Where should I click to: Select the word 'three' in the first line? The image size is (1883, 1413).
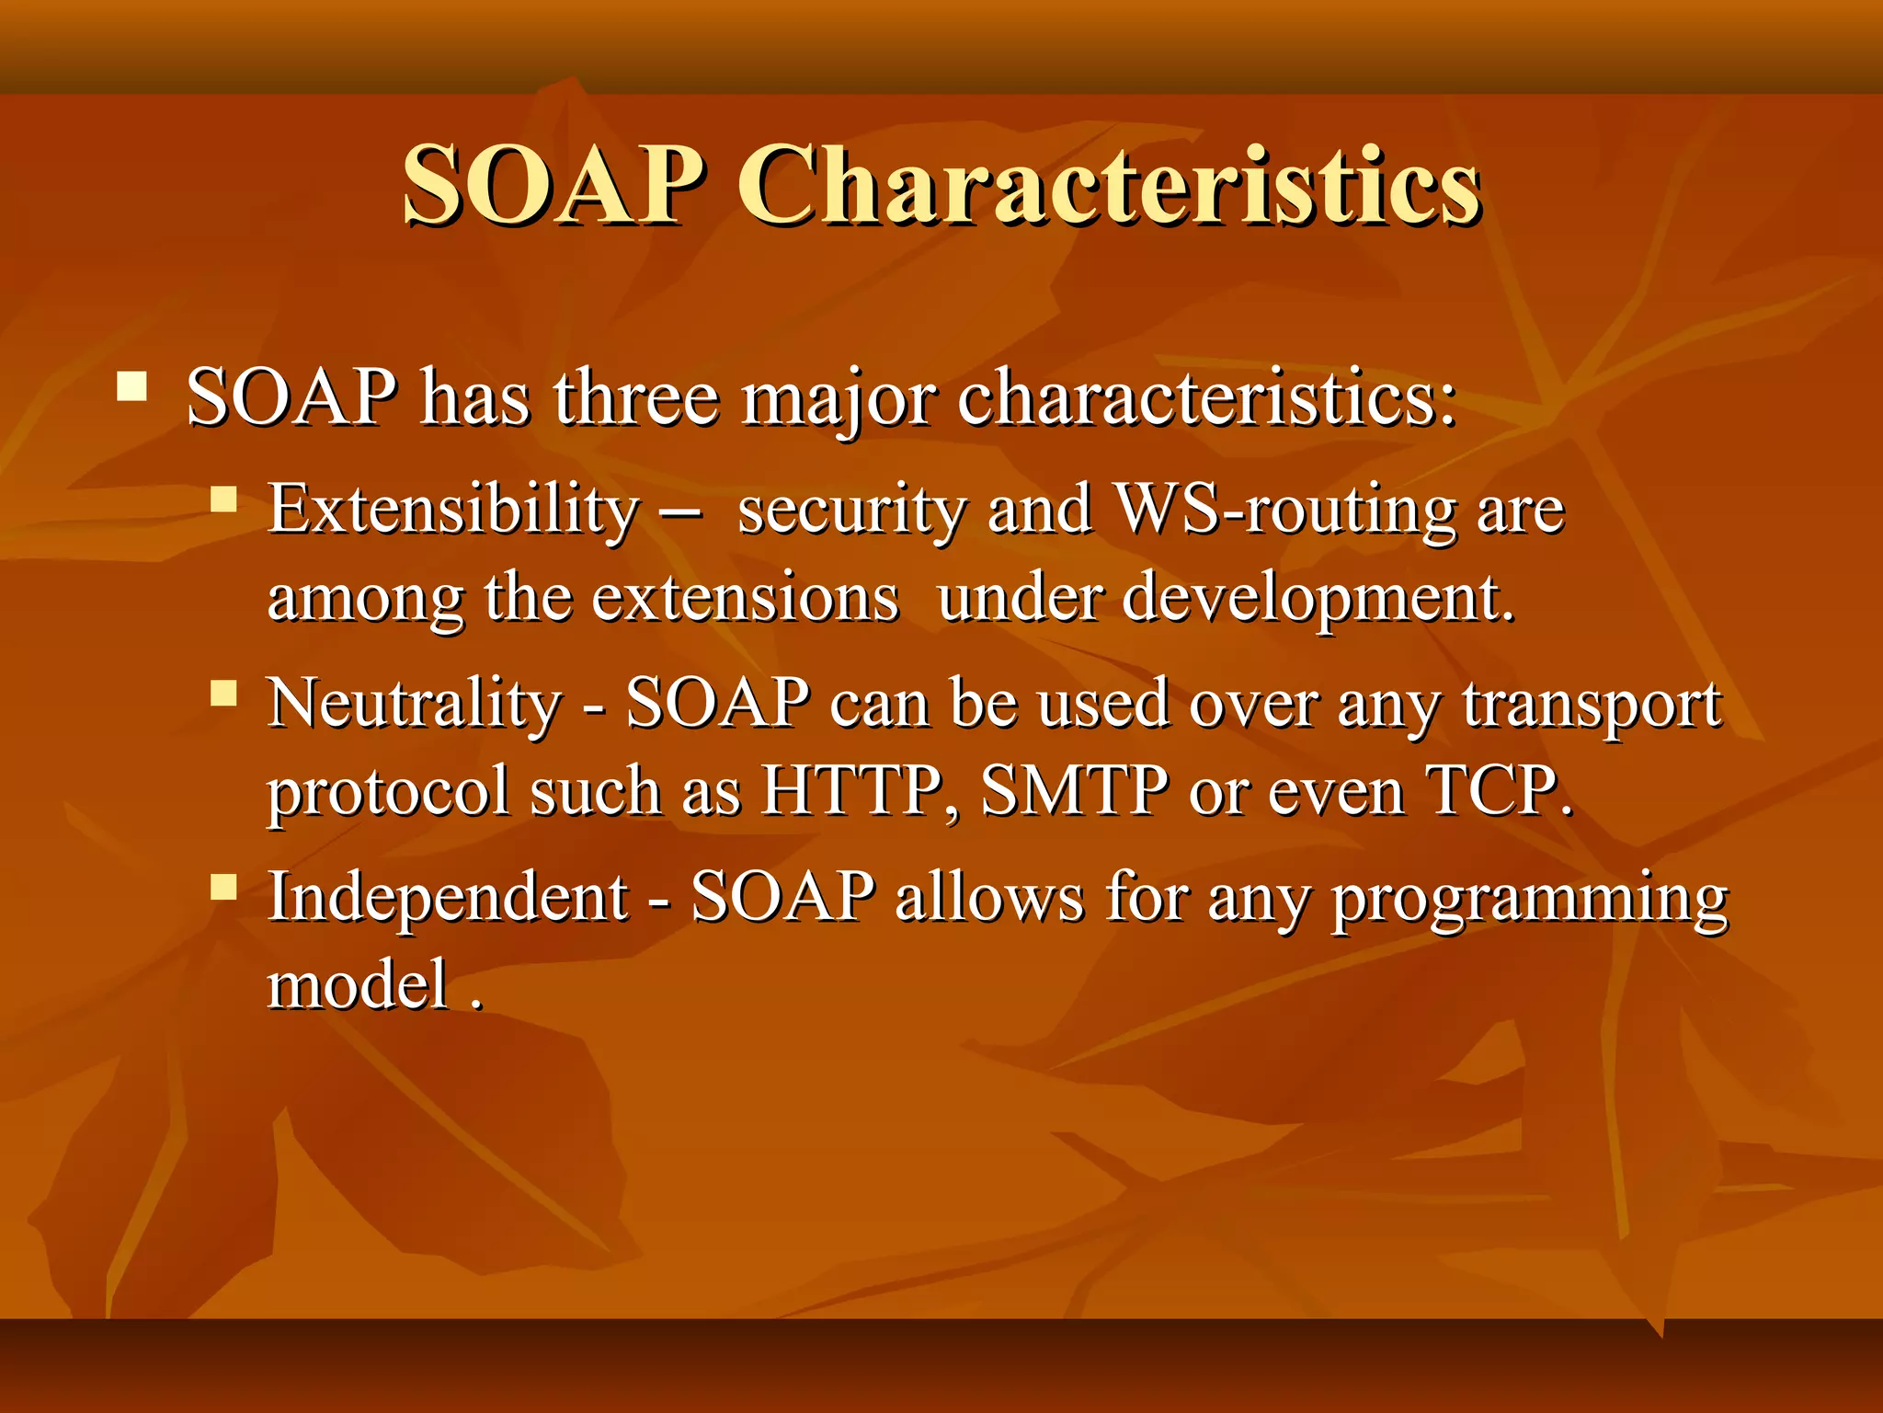(x=636, y=397)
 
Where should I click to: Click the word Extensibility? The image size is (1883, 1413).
(x=453, y=509)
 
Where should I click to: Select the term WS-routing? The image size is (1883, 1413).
(x=1285, y=509)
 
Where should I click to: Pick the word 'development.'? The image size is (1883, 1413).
(x=1318, y=598)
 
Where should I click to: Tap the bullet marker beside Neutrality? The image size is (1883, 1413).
(x=223, y=693)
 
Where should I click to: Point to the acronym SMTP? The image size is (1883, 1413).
(x=1075, y=790)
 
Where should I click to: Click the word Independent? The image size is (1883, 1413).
(x=449, y=897)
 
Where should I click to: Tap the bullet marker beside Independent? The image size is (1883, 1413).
(x=223, y=887)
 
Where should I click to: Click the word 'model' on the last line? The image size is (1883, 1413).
(x=359, y=983)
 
